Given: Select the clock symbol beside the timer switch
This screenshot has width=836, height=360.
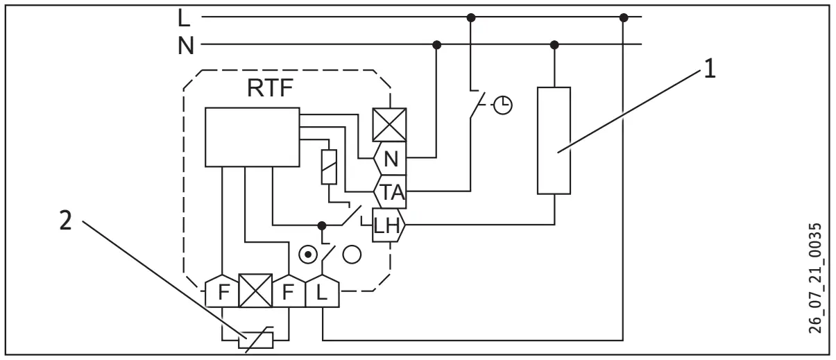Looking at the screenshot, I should point(504,105).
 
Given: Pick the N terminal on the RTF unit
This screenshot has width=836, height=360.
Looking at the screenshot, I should point(390,159).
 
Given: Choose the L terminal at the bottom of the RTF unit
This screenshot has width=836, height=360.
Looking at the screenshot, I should point(323,291).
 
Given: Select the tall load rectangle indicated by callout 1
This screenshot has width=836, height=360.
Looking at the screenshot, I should point(554,140).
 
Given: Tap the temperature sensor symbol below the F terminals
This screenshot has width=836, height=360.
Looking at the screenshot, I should point(256,340).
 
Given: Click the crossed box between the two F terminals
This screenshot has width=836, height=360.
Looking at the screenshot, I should point(255,291).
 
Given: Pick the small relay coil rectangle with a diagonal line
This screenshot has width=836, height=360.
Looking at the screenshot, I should point(330,166).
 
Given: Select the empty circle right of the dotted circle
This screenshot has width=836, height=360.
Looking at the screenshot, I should point(352,254).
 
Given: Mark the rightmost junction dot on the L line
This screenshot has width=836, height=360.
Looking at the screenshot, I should point(622,17).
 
